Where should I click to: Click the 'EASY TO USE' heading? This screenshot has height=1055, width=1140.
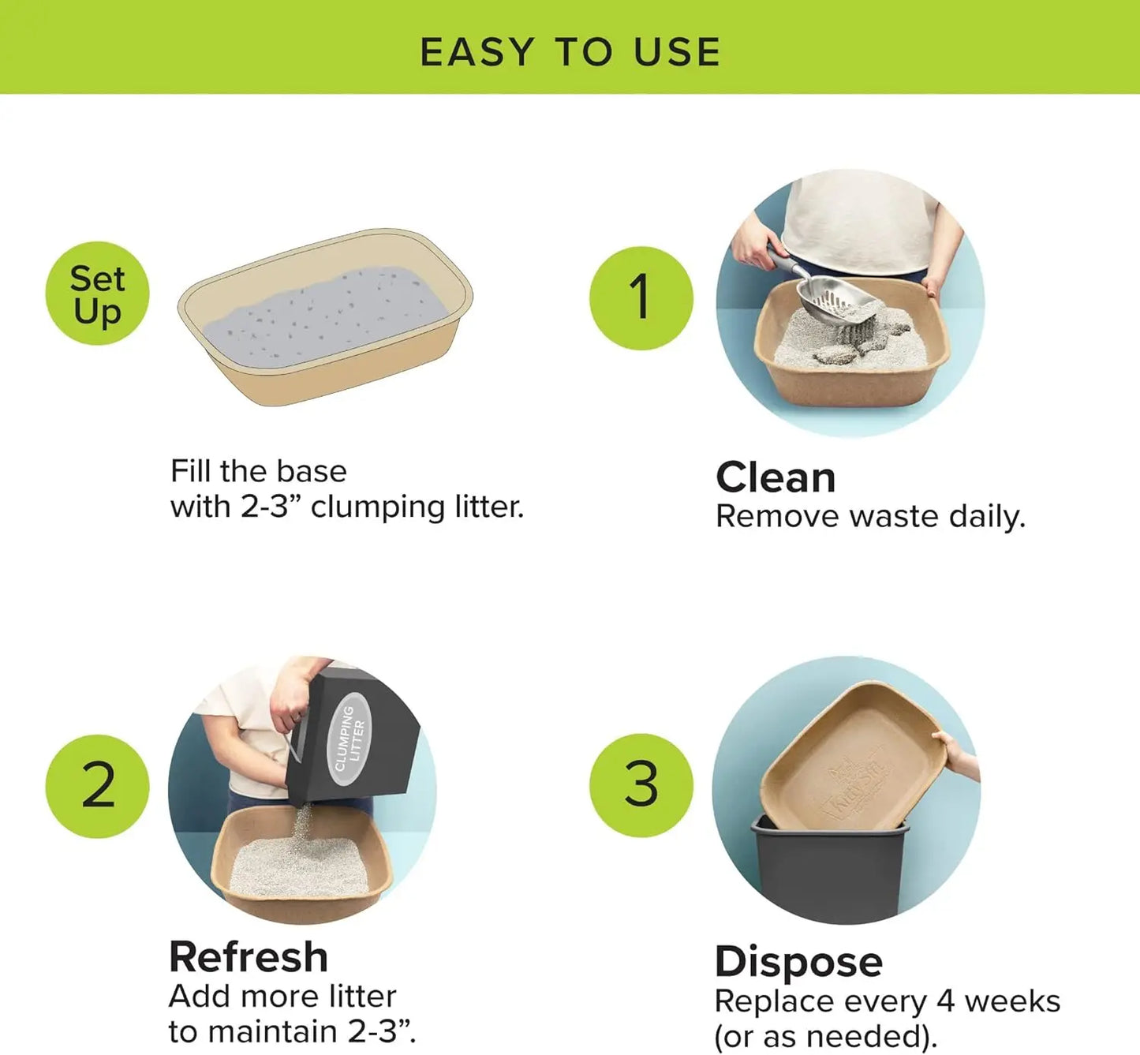570,52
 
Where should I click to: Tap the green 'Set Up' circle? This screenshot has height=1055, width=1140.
97,294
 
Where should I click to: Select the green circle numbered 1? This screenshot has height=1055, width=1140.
641,297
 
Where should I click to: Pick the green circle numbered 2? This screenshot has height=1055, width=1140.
97,785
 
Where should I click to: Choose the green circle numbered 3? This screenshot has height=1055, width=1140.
641,784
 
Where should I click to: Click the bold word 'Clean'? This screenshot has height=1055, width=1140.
775,477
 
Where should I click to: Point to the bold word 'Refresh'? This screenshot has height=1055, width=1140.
249,957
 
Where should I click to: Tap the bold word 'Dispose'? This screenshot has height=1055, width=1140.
798,961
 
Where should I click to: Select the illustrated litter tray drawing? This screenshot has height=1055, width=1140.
325,316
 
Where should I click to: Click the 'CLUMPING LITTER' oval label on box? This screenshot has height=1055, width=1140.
349,739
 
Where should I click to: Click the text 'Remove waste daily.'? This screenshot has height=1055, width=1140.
870,517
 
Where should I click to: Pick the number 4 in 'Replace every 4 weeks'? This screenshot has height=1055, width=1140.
946,1001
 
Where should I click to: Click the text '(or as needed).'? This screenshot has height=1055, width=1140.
825,1036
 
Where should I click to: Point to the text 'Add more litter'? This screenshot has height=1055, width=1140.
282,996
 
